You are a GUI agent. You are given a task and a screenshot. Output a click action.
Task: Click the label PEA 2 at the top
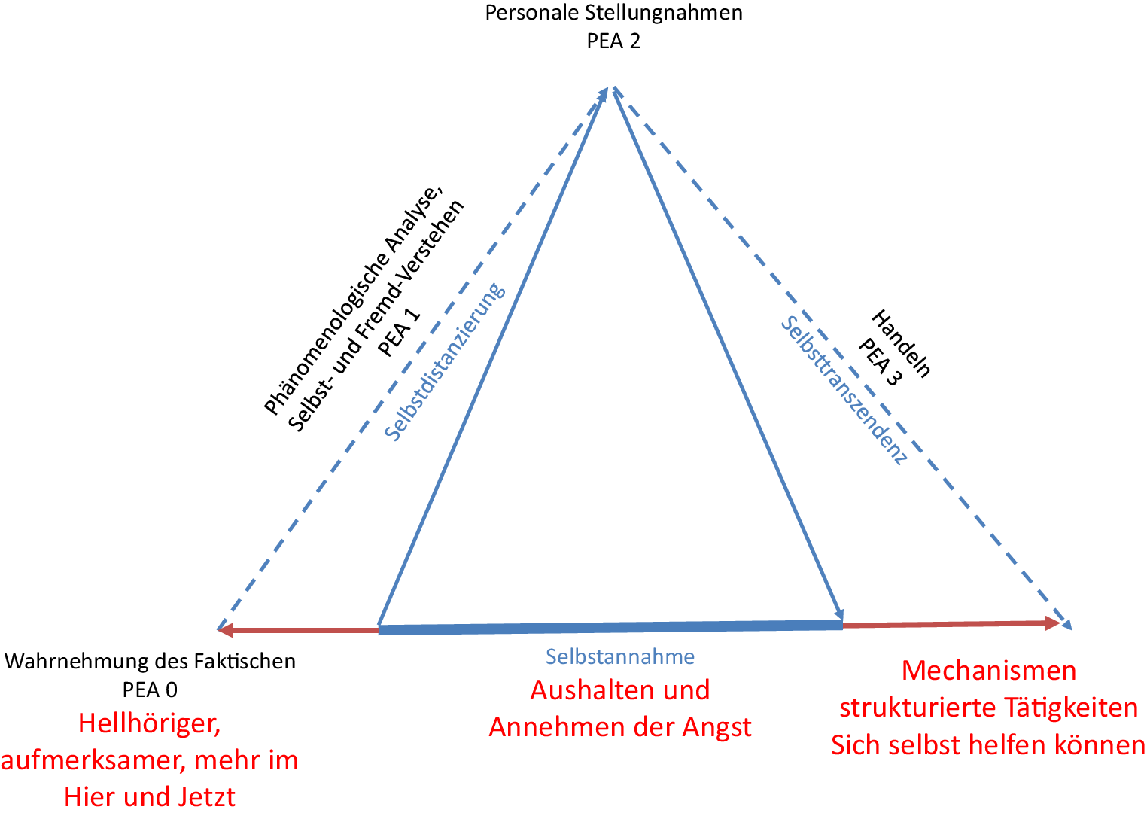(613, 41)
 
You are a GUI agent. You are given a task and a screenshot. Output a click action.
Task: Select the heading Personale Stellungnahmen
(613, 13)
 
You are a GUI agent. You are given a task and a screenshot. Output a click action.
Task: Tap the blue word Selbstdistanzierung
(444, 362)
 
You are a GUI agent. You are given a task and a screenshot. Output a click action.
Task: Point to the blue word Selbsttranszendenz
(844, 390)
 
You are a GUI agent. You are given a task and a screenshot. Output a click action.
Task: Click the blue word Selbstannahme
(620, 657)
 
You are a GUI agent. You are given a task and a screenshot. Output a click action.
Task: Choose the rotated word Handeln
(901, 343)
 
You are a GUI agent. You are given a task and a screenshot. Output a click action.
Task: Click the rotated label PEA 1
(399, 332)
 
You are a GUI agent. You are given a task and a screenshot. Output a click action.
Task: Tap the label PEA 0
(150, 690)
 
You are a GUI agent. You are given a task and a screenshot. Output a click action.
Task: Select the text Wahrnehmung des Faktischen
(150, 662)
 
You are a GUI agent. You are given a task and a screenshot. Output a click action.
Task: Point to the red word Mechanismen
(989, 670)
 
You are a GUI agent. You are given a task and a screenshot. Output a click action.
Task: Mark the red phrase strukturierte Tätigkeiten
(988, 708)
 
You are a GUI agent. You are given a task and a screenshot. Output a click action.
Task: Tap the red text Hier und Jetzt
(150, 796)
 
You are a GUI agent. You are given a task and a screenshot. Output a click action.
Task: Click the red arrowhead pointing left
(227, 629)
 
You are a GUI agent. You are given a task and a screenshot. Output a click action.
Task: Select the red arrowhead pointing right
(1051, 623)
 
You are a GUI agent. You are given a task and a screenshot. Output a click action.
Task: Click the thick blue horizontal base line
(610, 627)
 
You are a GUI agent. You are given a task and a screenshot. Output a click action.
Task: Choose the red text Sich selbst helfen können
(988, 745)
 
